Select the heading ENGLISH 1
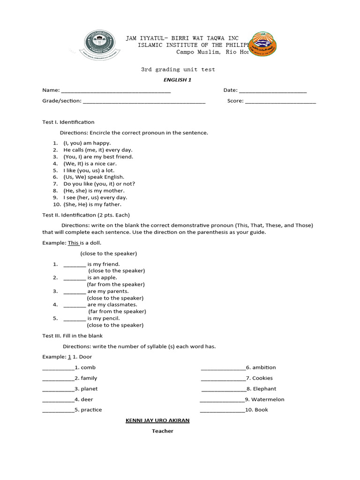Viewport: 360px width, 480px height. click(177, 80)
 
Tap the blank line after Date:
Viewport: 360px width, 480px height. click(273, 91)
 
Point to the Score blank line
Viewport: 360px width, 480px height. click(280, 101)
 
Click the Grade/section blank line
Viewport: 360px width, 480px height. click(144, 101)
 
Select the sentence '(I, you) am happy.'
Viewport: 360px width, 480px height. click(87, 143)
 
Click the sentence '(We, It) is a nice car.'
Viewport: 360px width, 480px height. click(90, 164)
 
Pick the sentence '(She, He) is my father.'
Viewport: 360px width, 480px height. click(92, 204)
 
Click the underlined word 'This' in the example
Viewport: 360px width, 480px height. click(73, 243)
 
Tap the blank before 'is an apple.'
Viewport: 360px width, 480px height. click(75, 278)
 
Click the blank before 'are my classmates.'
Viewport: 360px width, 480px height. click(75, 305)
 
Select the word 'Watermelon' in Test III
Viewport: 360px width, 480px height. click(268, 399)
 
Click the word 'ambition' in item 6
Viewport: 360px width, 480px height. click(264, 367)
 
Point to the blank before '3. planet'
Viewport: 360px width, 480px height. click(58, 390)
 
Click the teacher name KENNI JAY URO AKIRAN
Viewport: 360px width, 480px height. click(157, 420)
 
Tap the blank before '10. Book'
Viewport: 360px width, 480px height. click(222, 411)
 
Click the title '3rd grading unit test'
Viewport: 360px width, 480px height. click(178, 69)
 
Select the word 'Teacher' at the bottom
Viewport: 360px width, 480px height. click(162, 431)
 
